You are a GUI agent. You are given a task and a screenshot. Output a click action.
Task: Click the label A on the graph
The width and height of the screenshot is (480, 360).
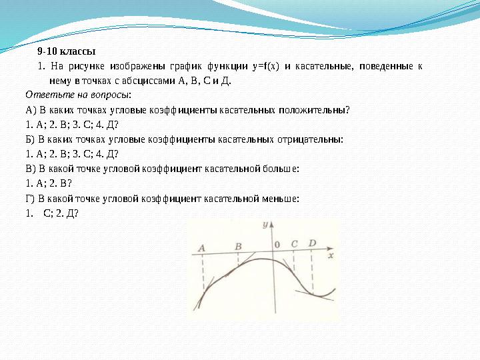coord(201,248)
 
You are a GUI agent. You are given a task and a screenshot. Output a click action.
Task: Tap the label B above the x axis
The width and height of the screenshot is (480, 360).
coord(239,246)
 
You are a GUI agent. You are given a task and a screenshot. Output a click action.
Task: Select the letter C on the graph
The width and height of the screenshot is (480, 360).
coord(294,243)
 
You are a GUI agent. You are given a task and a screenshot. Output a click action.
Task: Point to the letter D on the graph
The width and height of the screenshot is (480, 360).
coord(312,243)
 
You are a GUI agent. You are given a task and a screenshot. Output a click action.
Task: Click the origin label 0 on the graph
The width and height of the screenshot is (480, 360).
coord(277,244)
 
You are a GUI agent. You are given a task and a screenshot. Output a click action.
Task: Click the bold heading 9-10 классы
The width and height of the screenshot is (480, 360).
coord(67,51)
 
